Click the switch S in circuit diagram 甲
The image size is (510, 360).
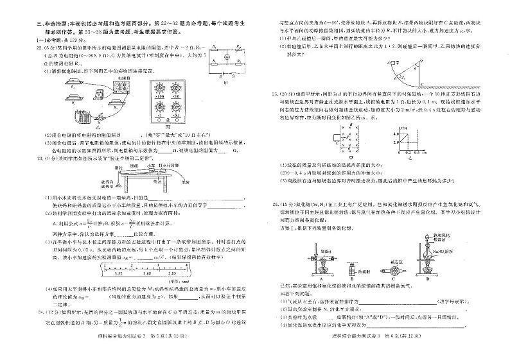232,67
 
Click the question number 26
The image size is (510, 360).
274,203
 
